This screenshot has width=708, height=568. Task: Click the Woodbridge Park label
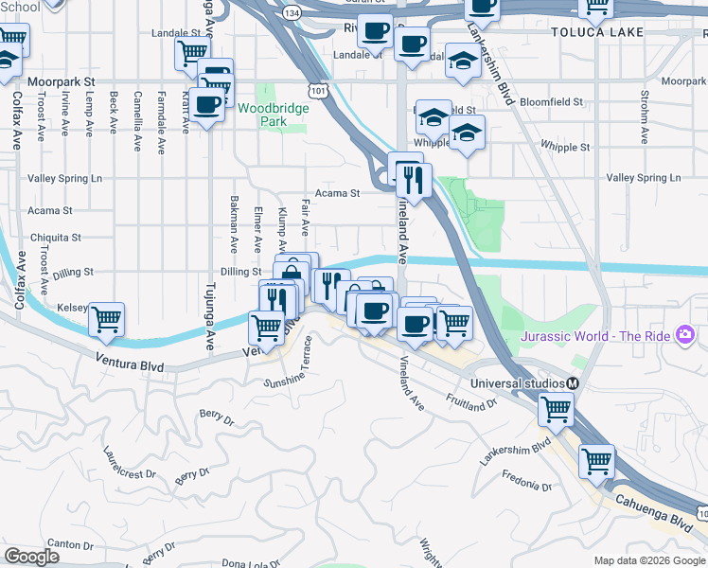coord(273,115)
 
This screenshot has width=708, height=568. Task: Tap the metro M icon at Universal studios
coord(573,382)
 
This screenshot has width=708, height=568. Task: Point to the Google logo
coord(31,557)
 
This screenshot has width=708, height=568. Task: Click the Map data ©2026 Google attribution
coord(648,560)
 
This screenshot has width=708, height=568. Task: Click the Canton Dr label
coord(70,544)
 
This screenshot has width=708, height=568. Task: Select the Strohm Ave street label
coord(644,116)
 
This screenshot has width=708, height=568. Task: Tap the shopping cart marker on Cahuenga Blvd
coord(597,461)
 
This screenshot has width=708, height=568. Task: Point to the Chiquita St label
coord(56,238)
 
